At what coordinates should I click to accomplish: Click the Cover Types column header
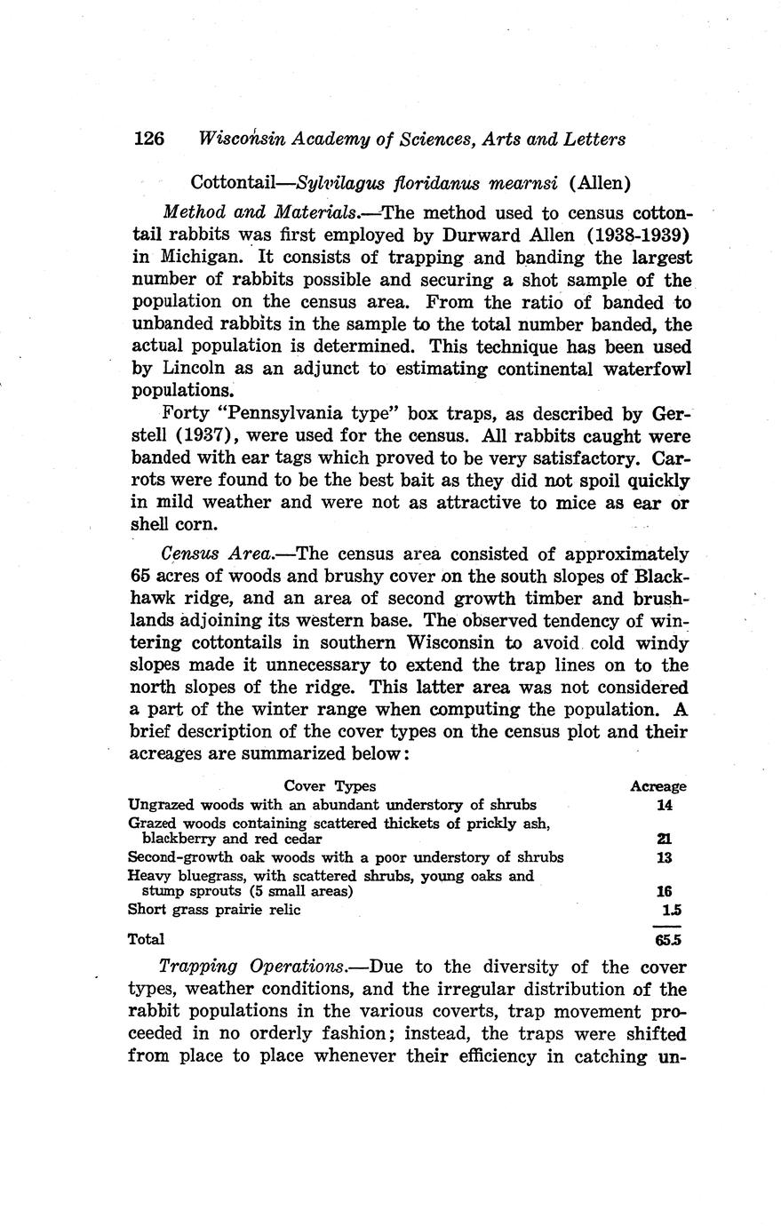[330, 786]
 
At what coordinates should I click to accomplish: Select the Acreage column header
[657, 786]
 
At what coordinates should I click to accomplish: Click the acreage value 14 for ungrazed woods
[665, 806]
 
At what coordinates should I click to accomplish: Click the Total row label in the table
[147, 938]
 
